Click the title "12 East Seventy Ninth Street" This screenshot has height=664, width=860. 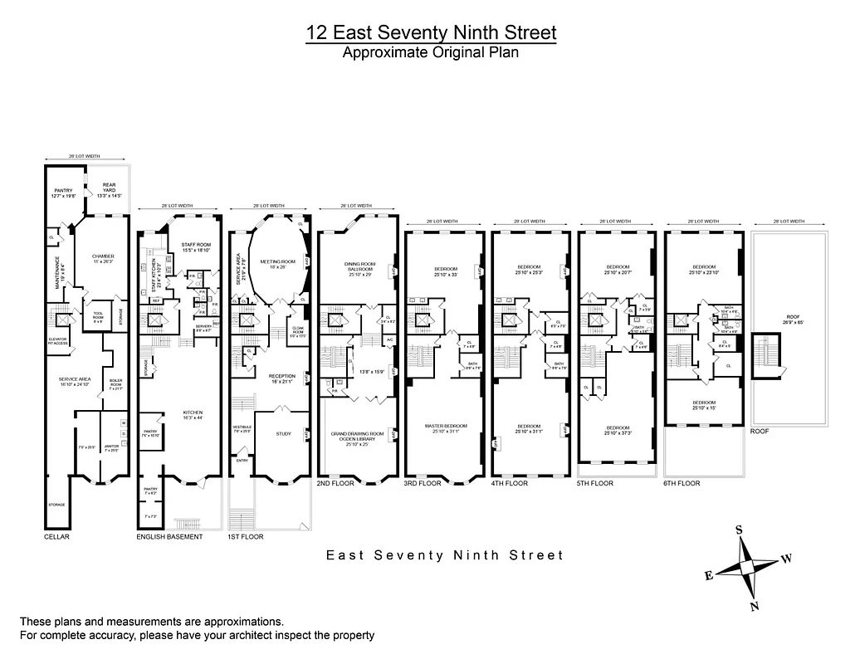pyautogui.click(x=431, y=32)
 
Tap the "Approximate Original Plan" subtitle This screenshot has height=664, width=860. pyautogui.click(x=431, y=52)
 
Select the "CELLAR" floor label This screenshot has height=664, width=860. pyautogui.click(x=56, y=537)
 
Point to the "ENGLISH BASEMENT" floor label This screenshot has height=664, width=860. pyautogui.click(x=169, y=537)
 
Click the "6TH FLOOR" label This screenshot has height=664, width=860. pyautogui.click(x=682, y=483)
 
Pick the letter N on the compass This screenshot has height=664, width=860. pyautogui.click(x=755, y=607)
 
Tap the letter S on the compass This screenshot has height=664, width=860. pyautogui.click(x=738, y=530)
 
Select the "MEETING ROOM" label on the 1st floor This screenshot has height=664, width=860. pyautogui.click(x=273, y=261)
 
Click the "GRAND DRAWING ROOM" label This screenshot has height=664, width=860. pyautogui.click(x=358, y=433)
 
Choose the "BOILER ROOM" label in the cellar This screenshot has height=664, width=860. pyautogui.click(x=115, y=383)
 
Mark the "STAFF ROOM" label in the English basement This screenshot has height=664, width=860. pyautogui.click(x=197, y=245)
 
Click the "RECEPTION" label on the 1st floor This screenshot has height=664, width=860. pyautogui.click(x=282, y=377)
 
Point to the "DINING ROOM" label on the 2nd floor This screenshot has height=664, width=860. pyautogui.click(x=359, y=266)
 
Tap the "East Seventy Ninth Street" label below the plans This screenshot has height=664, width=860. pyautogui.click(x=444, y=555)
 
